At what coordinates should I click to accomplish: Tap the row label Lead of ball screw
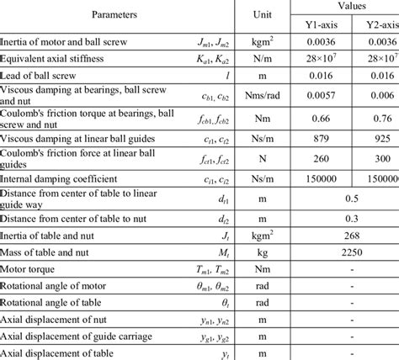(42, 76)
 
